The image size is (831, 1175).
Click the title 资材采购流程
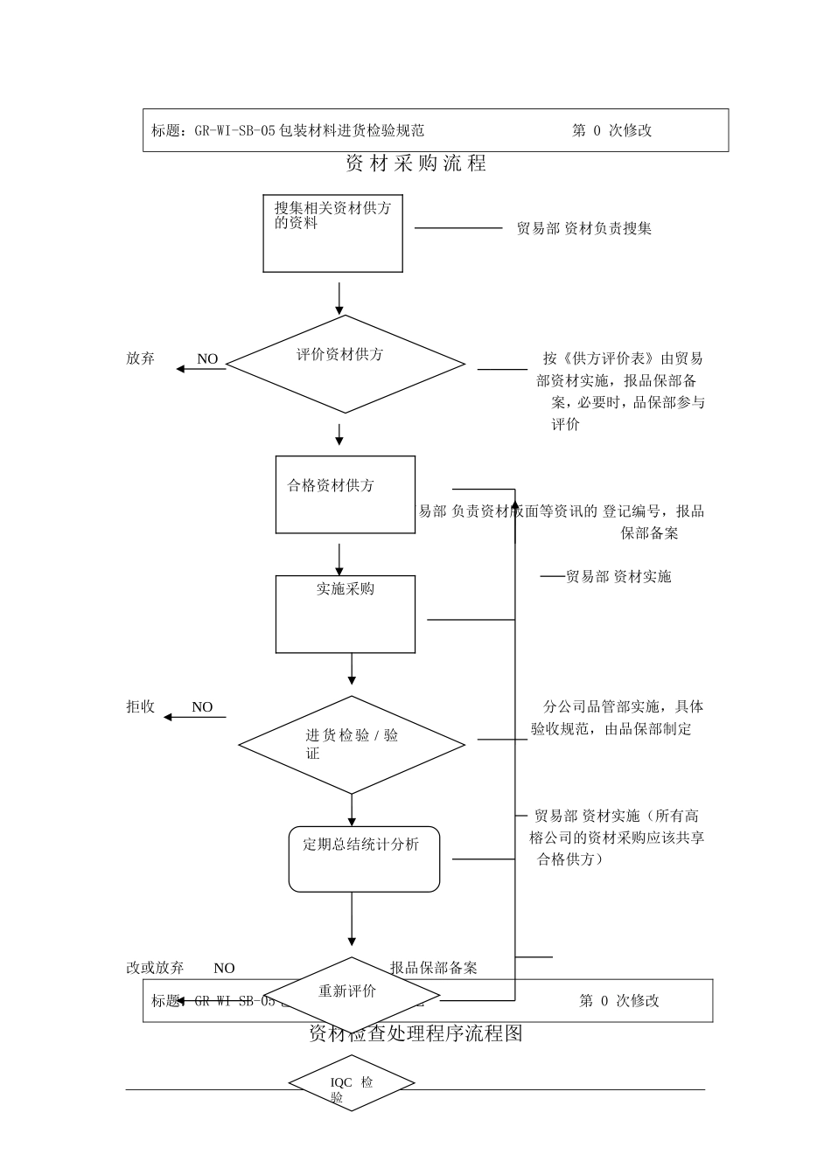coord(415,163)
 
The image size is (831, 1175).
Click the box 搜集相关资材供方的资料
coord(333,233)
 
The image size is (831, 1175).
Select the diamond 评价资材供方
coord(346,364)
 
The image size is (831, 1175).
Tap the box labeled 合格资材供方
coord(345,494)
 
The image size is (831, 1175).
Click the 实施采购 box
coord(345,614)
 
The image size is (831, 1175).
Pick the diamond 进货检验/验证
coord(352,745)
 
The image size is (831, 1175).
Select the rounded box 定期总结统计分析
coord(364,859)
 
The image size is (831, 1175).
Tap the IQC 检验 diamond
coord(352,1084)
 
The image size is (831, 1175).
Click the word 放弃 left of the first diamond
coord(140,358)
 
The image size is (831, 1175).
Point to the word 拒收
coord(140,706)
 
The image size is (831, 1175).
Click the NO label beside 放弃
coord(207,358)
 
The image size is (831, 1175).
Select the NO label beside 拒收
coord(202,706)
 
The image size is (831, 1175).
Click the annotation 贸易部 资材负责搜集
coord(583,228)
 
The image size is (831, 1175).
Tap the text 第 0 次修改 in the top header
coord(612,130)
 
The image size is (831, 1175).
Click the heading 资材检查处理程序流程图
coord(415,1033)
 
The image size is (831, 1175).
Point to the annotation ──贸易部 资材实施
coord(605,576)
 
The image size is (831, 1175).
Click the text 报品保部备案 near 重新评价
coord(434,968)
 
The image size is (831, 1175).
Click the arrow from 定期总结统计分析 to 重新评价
coord(352,919)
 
